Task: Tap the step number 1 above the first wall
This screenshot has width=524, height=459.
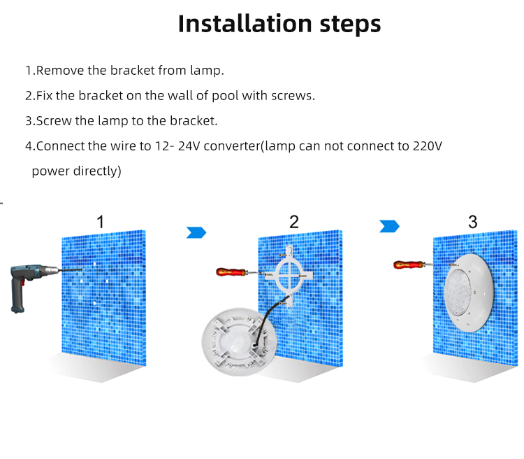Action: [100, 222]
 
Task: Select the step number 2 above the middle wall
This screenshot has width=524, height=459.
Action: [293, 222]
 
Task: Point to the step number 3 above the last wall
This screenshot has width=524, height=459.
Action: [473, 222]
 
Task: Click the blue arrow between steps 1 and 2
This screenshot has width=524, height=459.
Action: [196, 232]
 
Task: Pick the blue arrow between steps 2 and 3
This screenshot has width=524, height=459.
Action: [389, 226]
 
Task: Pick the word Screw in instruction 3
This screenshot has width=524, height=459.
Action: [54, 120]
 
